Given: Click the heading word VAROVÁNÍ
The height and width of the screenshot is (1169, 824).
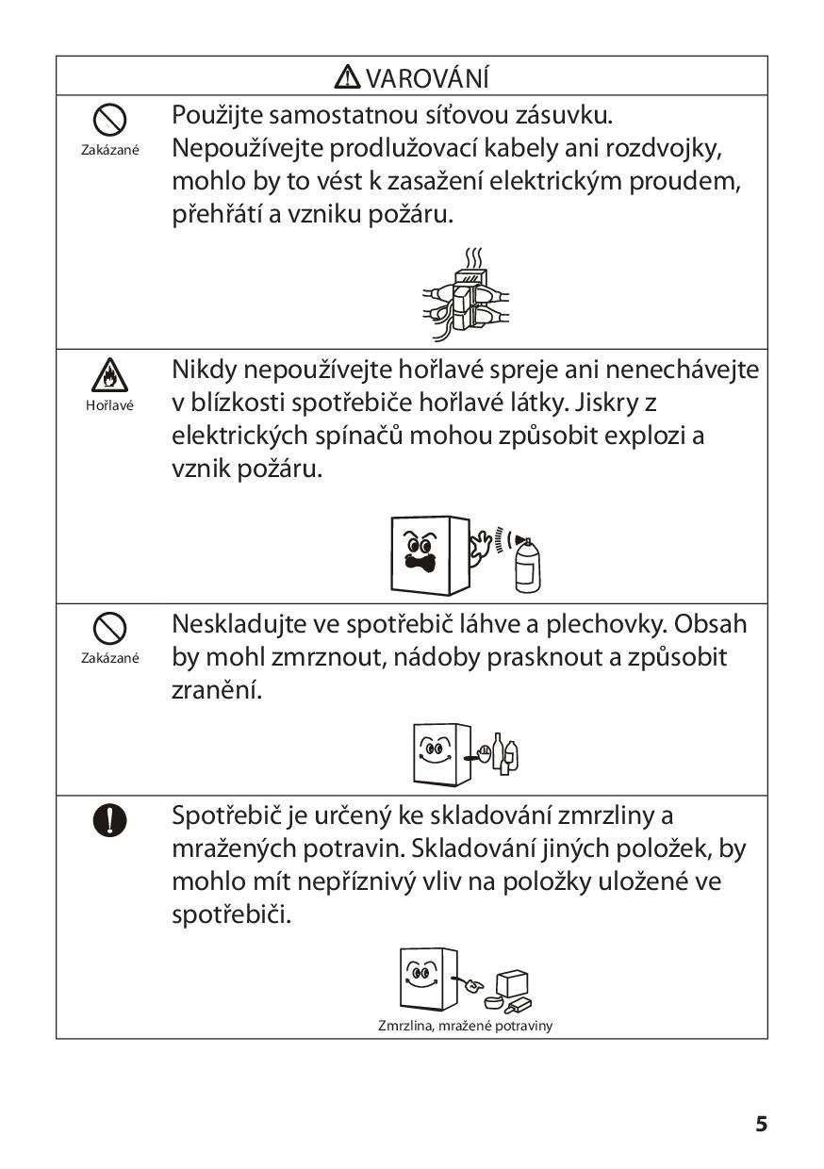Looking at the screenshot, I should point(426,77).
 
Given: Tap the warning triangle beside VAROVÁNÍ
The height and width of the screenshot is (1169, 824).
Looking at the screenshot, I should point(348,76).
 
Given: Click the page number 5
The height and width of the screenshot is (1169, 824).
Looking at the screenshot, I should point(761,1124).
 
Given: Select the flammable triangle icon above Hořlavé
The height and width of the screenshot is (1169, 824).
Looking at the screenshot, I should point(109,376).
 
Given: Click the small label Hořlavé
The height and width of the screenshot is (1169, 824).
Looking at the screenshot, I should point(109,405).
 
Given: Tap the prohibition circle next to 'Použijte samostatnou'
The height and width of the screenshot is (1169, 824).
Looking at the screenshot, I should point(109,120).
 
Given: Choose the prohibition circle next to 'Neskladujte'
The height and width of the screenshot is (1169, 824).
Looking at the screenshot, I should point(109,628).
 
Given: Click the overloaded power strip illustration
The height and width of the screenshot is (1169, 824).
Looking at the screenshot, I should point(466,295).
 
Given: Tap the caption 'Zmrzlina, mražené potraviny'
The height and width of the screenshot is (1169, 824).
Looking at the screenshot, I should point(465,1026).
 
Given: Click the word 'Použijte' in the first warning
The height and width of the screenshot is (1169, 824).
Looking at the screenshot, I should point(217,116).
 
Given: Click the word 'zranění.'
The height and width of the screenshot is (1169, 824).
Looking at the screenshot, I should point(216,690).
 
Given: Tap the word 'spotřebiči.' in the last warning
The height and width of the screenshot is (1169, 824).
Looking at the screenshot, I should point(231,914).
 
